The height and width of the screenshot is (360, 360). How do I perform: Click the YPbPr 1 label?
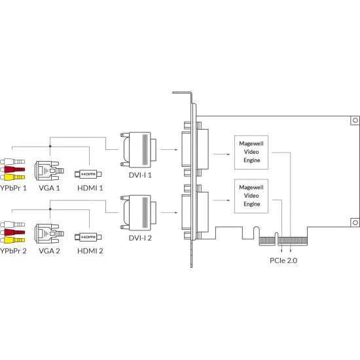tap(13, 188)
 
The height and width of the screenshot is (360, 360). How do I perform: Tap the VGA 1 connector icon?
tap(49, 171)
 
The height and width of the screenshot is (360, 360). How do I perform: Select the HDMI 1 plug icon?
tap(88, 174)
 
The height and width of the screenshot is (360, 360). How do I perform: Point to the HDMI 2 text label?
tap(90, 251)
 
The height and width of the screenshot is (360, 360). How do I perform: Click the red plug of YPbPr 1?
tap(12, 170)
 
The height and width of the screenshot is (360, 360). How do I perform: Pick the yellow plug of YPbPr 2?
tap(12, 240)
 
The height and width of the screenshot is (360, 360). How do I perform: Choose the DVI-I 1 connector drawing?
tap(138, 150)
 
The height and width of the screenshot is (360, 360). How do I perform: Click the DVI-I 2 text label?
tap(140, 238)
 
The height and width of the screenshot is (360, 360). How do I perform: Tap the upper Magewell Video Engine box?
tap(251, 153)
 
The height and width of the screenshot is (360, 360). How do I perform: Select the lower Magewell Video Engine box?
tap(251, 196)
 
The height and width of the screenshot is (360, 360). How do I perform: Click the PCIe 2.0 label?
tap(283, 261)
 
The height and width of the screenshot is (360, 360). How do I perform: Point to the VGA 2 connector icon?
tap(49, 234)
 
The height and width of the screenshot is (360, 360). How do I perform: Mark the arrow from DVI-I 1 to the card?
tap(170, 150)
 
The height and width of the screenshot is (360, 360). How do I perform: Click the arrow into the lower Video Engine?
tap(221, 200)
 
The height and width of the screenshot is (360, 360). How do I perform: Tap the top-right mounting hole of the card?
tap(355, 120)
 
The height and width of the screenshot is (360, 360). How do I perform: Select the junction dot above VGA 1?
tap(50, 146)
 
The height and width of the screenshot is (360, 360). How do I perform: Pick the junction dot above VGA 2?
tap(50, 209)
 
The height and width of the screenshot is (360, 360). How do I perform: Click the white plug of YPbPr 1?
tap(12, 162)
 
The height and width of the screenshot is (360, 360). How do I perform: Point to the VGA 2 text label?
tap(49, 251)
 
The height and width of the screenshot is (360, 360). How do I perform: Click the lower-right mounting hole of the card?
tap(355, 223)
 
